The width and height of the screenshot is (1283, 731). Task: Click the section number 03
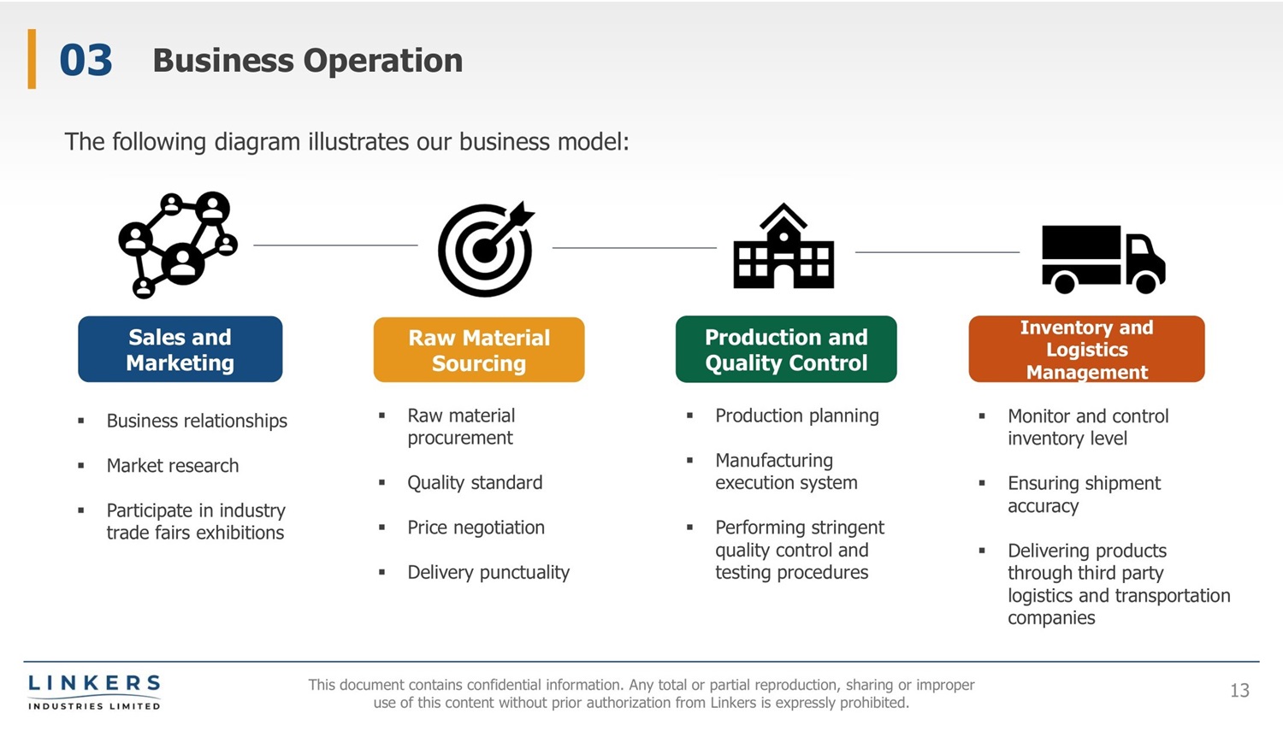click(86, 61)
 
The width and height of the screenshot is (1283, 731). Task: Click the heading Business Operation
click(307, 61)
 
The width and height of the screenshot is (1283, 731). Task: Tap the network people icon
click(178, 245)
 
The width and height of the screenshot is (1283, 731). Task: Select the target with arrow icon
click(485, 249)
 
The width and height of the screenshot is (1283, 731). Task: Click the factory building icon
click(783, 247)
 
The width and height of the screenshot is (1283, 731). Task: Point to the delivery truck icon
click(1103, 258)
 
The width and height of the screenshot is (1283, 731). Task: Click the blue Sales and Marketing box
click(180, 350)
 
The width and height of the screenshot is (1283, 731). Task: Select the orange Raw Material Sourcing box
click(479, 350)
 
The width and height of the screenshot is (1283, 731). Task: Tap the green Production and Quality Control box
click(786, 350)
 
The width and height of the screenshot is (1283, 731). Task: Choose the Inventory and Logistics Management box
click(1086, 350)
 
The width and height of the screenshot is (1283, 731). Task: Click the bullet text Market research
click(173, 466)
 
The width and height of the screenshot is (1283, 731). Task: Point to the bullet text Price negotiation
click(476, 528)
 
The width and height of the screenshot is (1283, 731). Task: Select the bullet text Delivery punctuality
click(488, 573)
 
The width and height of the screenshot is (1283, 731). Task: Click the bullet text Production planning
click(796, 416)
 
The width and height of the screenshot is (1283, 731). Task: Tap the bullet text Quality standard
click(475, 483)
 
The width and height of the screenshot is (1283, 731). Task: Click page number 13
click(1239, 691)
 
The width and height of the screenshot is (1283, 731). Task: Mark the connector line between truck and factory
click(937, 252)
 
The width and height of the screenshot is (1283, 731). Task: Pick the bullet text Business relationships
click(197, 421)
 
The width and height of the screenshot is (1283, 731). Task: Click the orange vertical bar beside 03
click(32, 59)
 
